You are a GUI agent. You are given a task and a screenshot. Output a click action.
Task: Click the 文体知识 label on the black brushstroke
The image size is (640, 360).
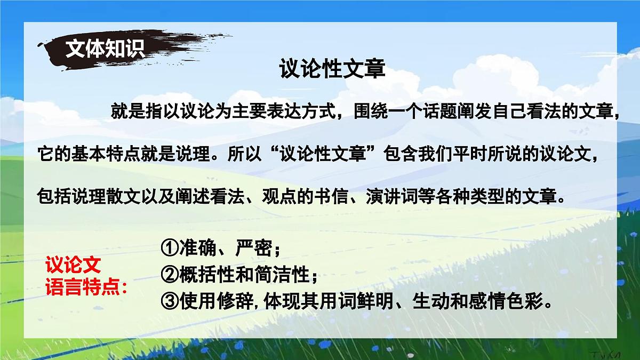tap(105, 49)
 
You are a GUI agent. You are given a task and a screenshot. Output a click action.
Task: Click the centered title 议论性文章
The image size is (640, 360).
tap(332, 69)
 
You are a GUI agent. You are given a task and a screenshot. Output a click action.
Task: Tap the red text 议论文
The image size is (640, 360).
tap(73, 265)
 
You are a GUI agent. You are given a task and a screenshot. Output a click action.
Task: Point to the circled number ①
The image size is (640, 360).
tap(170, 248)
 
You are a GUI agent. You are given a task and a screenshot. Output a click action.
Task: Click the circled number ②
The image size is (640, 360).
tap(170, 275)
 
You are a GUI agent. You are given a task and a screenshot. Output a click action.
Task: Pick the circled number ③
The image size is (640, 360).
tap(170, 302)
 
